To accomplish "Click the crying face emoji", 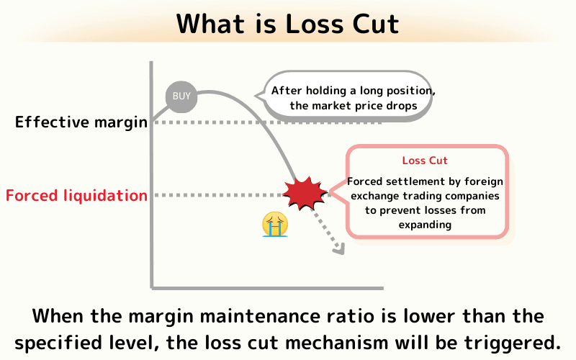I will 275,224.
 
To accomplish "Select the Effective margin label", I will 81,122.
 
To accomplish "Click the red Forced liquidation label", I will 76,195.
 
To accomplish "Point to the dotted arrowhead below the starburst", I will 338,249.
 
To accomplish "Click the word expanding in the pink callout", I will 426,224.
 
